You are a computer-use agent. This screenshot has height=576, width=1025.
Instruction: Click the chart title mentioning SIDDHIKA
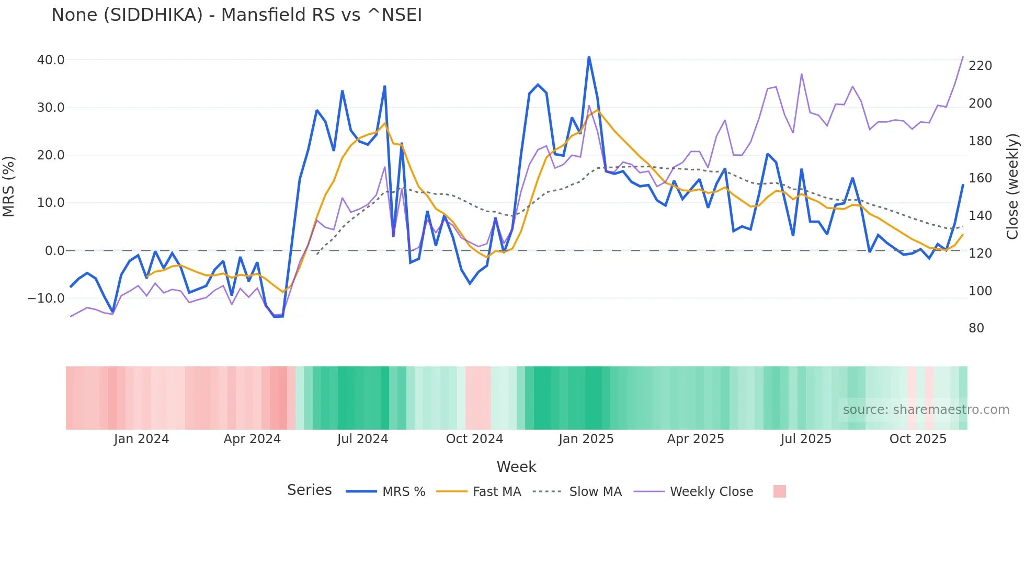(x=236, y=15)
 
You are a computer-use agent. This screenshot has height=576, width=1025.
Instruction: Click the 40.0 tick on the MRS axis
(x=51, y=60)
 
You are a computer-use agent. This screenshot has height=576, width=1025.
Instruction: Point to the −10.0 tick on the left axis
(x=47, y=298)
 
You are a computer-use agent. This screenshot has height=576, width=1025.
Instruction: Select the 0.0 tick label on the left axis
(x=55, y=251)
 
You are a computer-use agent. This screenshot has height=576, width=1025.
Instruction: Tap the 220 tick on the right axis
(x=980, y=66)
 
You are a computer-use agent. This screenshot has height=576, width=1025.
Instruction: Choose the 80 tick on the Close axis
(x=976, y=328)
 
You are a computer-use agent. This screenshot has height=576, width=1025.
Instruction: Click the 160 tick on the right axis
(x=980, y=178)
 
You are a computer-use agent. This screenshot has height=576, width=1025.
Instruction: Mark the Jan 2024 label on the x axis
(x=141, y=439)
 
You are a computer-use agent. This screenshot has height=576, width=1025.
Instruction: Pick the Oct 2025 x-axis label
(x=918, y=439)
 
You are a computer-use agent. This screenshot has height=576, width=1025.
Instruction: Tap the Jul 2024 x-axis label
(x=362, y=439)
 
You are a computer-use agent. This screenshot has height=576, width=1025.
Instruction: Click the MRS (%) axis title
(x=9, y=187)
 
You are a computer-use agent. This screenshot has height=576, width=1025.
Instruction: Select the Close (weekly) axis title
(x=1012, y=187)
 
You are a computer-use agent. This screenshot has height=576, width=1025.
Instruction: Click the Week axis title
(x=516, y=467)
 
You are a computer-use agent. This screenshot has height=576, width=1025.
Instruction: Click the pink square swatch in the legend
(x=779, y=491)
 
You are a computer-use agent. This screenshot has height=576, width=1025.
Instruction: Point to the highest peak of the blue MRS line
(x=589, y=57)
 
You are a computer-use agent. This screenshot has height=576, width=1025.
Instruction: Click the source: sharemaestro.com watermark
(x=926, y=410)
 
